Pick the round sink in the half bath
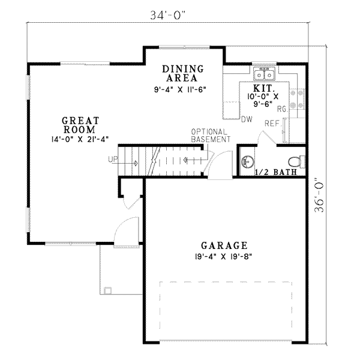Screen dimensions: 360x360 [247, 161]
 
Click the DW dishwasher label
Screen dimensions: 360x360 [245, 119]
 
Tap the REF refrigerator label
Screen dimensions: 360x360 [272, 123]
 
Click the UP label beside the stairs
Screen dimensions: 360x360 [113, 160]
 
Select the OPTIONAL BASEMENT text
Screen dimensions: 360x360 [210, 136]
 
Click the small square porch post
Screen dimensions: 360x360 [107, 290]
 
